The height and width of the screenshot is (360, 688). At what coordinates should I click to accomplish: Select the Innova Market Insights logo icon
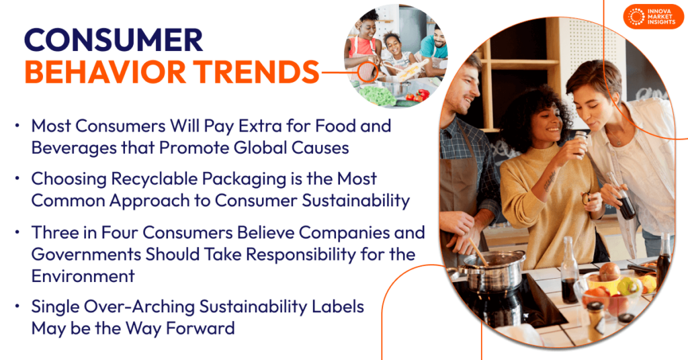point(634,17)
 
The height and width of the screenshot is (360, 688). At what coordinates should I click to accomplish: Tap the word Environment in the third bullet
point(83,275)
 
